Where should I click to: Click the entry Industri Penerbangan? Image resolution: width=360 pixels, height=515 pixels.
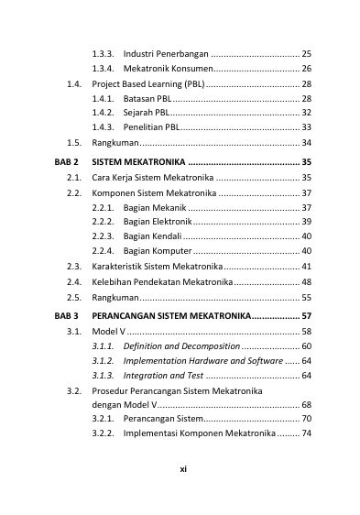pyautogui.click(x=165, y=54)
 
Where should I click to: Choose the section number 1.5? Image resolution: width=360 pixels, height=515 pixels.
pyautogui.click(x=75, y=143)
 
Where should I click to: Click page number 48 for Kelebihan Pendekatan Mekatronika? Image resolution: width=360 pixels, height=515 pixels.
pyautogui.click(x=306, y=281)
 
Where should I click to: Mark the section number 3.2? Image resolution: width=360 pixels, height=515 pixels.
pyautogui.click(x=75, y=391)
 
